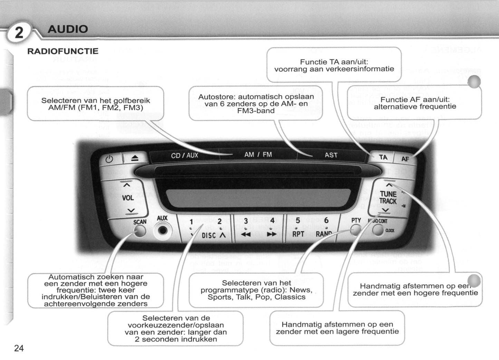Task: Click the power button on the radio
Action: click(109, 159)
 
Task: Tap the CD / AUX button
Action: click(184, 155)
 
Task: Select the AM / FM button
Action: click(258, 155)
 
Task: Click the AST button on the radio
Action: click(331, 155)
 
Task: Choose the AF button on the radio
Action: click(405, 159)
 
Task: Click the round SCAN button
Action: click(140, 230)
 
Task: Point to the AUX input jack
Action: click(162, 230)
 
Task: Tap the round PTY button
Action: click(356, 229)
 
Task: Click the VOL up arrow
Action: click(127, 186)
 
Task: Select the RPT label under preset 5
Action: click(298, 234)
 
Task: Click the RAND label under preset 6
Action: click(324, 234)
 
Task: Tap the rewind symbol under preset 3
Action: click(246, 235)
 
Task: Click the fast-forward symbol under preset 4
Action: click(272, 235)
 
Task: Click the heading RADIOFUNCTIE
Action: click(63, 51)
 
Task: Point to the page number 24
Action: click(19, 348)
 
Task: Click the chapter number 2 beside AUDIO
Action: click(19, 33)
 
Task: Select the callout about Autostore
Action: click(256, 104)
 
